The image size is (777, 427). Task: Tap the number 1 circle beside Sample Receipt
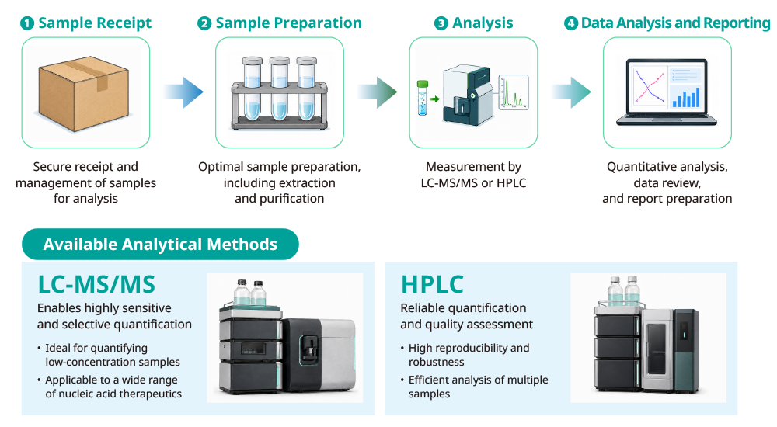27,23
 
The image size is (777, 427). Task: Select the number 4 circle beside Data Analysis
571,23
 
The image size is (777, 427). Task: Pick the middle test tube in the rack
280,89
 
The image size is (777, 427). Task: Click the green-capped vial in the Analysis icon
422,98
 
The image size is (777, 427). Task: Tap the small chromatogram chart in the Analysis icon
514,92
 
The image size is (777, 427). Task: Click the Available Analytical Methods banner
160,245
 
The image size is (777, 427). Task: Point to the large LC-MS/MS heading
96,284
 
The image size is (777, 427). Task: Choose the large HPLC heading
432,284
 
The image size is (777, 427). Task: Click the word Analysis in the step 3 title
483,23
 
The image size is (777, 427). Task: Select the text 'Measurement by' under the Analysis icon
473,167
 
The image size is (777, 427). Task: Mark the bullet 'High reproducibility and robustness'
465,355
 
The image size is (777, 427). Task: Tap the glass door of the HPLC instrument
657,349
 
